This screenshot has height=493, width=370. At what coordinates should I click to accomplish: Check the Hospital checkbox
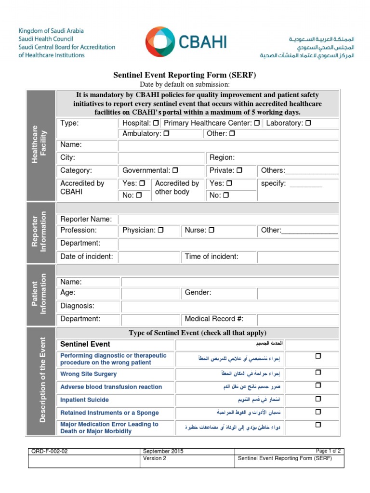pyautogui.click(x=156, y=123)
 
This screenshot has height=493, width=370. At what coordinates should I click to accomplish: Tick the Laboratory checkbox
pyautogui.click(x=308, y=123)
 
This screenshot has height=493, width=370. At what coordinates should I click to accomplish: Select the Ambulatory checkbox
pyautogui.click(x=166, y=133)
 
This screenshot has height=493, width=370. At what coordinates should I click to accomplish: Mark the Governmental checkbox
pyautogui.click(x=175, y=170)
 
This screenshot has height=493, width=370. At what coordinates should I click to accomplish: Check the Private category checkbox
pyautogui.click(x=239, y=170)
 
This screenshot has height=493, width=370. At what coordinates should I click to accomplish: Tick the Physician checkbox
pyautogui.click(x=161, y=230)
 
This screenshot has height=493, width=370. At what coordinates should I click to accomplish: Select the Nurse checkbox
pyautogui.click(x=211, y=230)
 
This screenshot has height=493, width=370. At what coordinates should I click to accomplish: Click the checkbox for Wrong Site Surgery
pyautogui.click(x=318, y=373)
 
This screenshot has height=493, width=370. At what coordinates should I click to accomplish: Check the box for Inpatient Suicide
pyautogui.click(x=318, y=399)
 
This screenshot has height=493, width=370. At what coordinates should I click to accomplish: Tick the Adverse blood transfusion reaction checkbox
pyautogui.click(x=318, y=386)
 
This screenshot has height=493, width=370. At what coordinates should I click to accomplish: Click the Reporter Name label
pyautogui.click(x=86, y=219)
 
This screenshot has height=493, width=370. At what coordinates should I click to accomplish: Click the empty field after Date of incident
pyautogui.click(x=149, y=257)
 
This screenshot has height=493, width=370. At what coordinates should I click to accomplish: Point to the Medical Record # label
pyautogui.click(x=214, y=319)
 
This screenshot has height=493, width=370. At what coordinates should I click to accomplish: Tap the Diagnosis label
pyautogui.click(x=77, y=306)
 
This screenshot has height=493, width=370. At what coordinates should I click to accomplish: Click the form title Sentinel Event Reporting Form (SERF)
pyautogui.click(x=185, y=75)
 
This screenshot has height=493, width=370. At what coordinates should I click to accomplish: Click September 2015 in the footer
pyautogui.click(x=163, y=451)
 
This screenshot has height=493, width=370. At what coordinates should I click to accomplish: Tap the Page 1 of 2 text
pyautogui.click(x=328, y=451)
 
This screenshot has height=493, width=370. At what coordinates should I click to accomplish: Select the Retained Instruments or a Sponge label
pyautogui.click(x=109, y=413)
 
